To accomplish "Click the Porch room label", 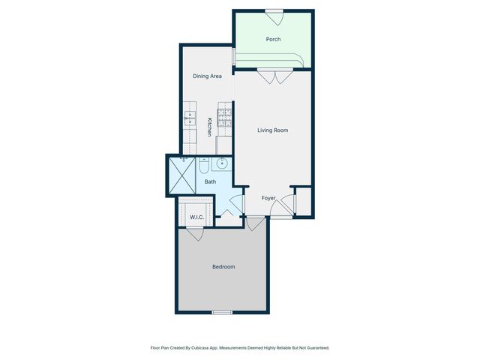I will [x=274, y=40].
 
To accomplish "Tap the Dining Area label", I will [x=207, y=76].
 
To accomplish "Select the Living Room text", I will [x=272, y=130].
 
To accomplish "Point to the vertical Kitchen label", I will [x=209, y=127].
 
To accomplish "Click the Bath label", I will [x=210, y=181].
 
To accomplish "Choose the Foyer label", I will [x=268, y=199].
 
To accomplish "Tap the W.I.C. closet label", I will [x=196, y=218].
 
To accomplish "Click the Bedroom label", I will [x=223, y=267].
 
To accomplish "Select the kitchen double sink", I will [x=189, y=118].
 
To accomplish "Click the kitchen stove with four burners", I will [x=224, y=116].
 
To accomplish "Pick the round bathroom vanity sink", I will [x=222, y=164].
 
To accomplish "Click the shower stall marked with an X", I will [x=181, y=175].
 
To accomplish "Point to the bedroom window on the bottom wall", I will [x=221, y=312].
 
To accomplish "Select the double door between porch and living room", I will [x=274, y=75].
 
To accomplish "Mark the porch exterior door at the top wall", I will [x=274, y=11].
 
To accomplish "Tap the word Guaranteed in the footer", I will [x=313, y=348].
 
